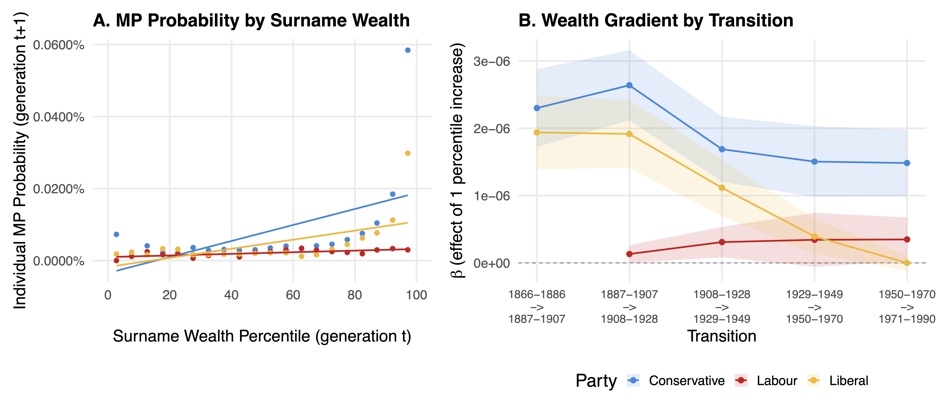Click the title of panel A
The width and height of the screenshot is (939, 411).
[251, 20]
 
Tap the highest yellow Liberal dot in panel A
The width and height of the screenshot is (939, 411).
[408, 153]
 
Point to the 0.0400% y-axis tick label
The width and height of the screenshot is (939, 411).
[58, 117]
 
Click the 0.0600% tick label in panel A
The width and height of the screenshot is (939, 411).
[58, 45]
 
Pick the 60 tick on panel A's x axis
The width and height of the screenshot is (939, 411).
[293, 295]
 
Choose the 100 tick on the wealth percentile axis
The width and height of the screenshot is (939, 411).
[416, 295]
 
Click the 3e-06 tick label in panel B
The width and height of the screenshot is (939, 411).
[491, 61]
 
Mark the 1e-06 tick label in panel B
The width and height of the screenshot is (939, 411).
[491, 196]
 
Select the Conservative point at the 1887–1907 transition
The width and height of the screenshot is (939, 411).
[629, 85]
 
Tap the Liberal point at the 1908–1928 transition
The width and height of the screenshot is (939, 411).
[722, 188]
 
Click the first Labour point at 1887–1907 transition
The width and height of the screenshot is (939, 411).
[629, 254]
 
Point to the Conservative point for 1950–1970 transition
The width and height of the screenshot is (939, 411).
[907, 163]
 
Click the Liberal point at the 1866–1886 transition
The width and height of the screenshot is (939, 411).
[537, 132]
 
